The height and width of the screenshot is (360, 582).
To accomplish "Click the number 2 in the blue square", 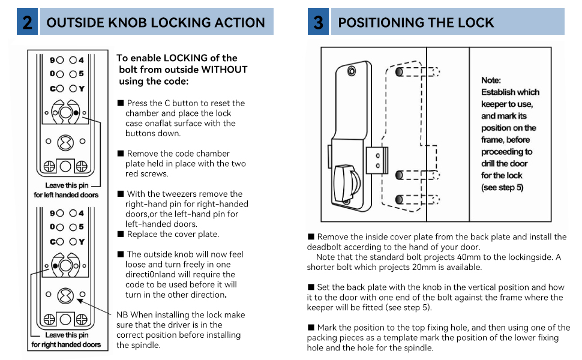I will click(27, 23).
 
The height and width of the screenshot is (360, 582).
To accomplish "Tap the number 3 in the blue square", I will click(319, 23).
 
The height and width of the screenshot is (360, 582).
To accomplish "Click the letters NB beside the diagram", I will click(122, 314).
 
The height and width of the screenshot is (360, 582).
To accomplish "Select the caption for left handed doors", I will click(66, 194).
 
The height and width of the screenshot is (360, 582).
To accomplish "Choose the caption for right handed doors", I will click(66, 344).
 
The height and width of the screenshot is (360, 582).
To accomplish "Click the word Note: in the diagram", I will click(491, 80).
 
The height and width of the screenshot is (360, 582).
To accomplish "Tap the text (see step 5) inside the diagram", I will click(502, 187).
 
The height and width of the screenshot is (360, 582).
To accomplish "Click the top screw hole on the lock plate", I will click(351, 73).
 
